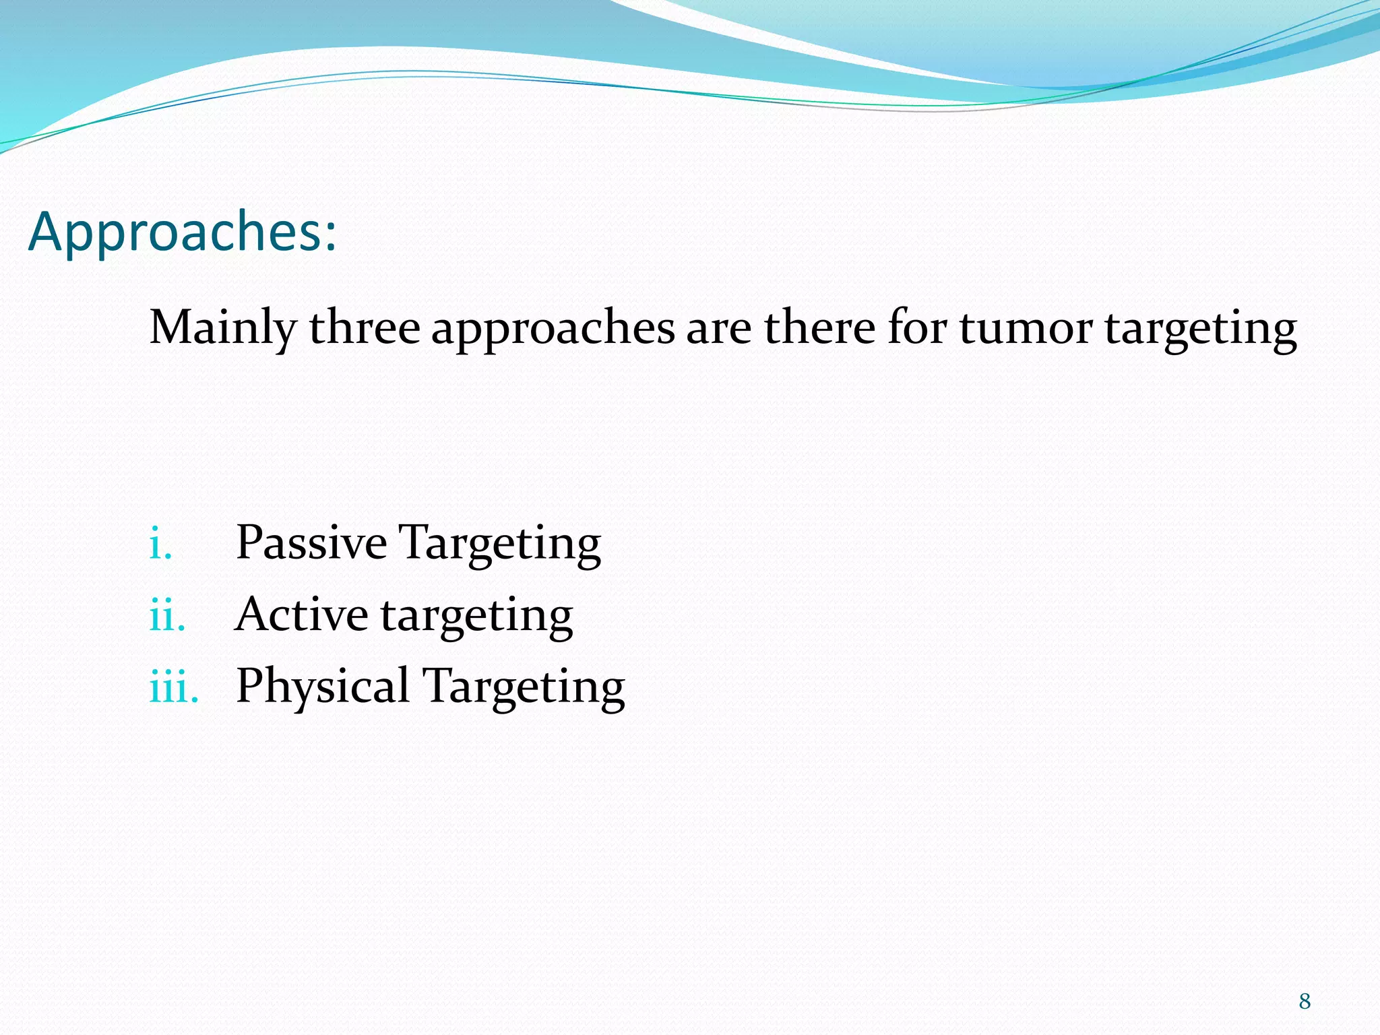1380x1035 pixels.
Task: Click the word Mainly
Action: [x=222, y=328]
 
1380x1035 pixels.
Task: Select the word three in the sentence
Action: [x=365, y=328]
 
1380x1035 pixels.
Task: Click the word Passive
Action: [x=311, y=542]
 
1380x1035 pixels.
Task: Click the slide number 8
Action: [x=1305, y=1001]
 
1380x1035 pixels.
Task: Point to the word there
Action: [x=819, y=328]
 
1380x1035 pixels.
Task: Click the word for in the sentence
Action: [x=917, y=328]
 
